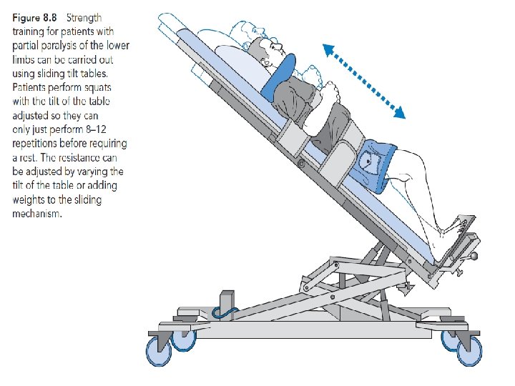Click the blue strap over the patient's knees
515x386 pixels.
[x=376, y=164]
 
